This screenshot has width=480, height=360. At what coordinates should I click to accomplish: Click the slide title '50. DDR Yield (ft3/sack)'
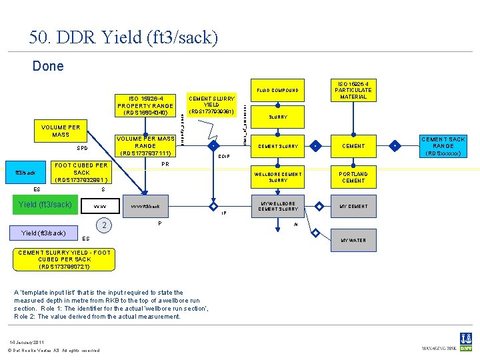[x=123, y=37]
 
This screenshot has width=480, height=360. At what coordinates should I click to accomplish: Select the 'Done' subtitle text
[x=48, y=65]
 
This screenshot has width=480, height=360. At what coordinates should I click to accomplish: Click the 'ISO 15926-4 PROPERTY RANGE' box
[x=145, y=105]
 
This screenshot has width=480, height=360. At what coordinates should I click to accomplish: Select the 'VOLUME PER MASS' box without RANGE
[x=61, y=131]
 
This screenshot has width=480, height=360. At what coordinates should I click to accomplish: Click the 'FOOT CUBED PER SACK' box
[x=81, y=172]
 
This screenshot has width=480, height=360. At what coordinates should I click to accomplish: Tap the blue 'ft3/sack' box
[x=26, y=173]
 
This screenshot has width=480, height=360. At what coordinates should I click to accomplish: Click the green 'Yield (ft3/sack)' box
[x=46, y=205]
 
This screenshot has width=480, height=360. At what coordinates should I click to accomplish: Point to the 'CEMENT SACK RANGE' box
[x=443, y=146]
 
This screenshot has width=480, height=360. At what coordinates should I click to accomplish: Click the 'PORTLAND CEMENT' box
[x=353, y=177]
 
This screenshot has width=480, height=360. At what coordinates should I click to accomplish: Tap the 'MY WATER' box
[x=353, y=240]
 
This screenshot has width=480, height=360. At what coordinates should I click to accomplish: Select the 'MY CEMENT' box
[x=353, y=206]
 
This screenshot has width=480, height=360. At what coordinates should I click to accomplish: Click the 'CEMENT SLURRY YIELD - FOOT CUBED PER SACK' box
[x=64, y=259]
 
